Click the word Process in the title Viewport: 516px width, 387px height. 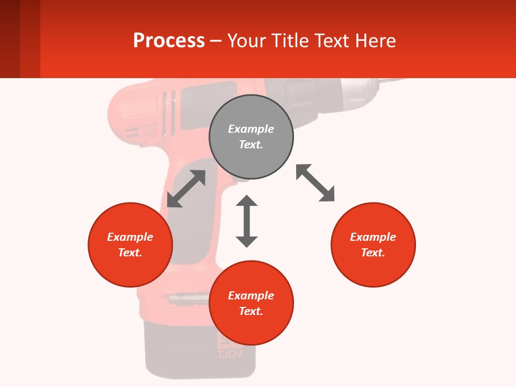(x=169, y=41)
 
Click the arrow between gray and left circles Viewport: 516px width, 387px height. (x=186, y=189)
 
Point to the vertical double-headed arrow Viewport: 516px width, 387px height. (x=247, y=221)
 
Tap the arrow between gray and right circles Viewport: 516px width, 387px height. (x=315, y=183)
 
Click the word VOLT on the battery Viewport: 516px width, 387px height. (x=230, y=354)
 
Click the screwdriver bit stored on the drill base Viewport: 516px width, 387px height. (x=188, y=297)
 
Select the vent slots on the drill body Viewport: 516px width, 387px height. (x=169, y=113)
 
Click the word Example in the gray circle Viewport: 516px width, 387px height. (x=251, y=129)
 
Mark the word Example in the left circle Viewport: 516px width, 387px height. (x=130, y=237)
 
